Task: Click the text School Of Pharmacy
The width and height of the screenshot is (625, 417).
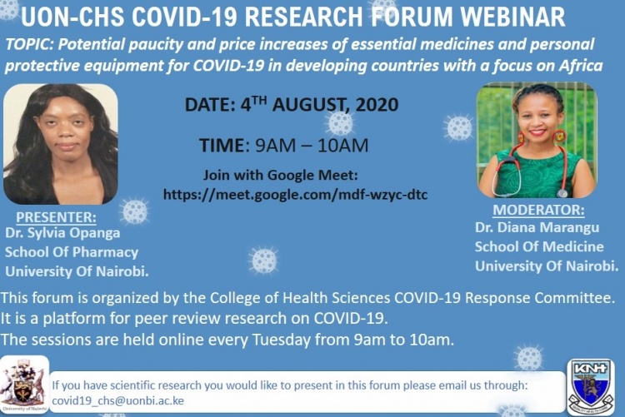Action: pos(72,252)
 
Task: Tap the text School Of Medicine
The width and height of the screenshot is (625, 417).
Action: pos(539,246)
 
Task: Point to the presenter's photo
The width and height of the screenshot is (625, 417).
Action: pos(60,143)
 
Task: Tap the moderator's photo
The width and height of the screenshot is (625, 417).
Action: pos(537,139)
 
